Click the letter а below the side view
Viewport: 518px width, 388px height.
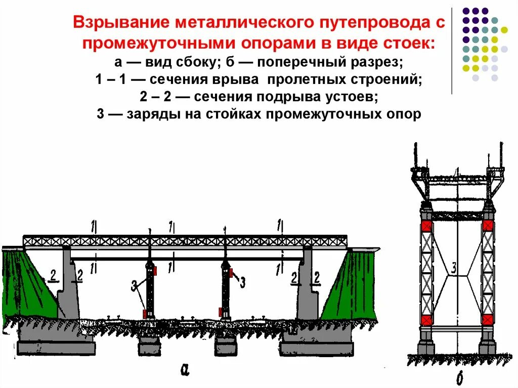[x=185, y=371]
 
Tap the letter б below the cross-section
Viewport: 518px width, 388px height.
[x=458, y=378]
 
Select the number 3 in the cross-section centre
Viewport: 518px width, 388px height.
[x=454, y=269]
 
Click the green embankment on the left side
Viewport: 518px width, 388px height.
[x=30, y=288]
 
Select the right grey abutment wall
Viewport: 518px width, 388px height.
[x=307, y=288]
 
